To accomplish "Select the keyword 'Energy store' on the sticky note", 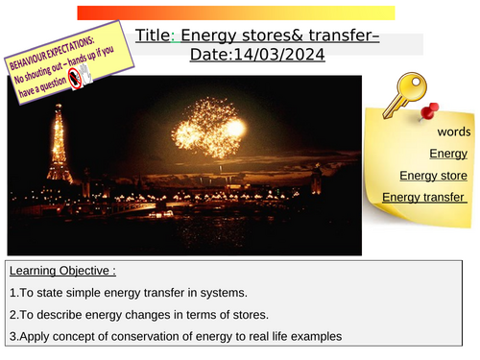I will [433, 175].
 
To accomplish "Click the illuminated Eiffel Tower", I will [59, 144].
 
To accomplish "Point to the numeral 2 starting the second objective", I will [10, 315].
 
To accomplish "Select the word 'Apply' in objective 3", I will [32, 336].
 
